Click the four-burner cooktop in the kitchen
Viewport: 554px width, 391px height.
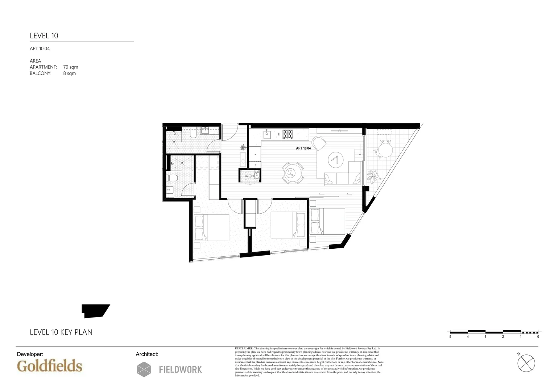point(288,134)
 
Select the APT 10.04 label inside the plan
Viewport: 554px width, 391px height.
point(303,148)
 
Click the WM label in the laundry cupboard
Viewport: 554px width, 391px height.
point(247,176)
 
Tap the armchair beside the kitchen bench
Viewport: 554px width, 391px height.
point(319,142)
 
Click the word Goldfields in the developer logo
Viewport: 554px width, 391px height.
point(50,366)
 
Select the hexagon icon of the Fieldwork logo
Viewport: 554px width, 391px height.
point(144,369)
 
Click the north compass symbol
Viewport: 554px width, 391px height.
point(526,363)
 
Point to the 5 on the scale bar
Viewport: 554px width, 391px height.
point(450,337)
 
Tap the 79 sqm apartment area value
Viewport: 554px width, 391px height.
point(71,67)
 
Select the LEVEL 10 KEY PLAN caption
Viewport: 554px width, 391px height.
point(61,332)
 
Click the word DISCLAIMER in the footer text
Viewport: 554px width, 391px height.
point(244,348)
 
